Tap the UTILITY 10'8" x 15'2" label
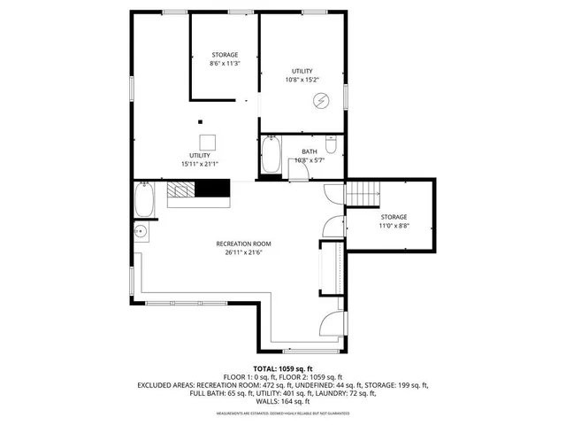(x=302, y=75)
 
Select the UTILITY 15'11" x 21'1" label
(x=199, y=159)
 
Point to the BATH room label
(x=309, y=156)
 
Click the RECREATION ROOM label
(x=243, y=248)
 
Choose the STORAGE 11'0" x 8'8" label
(x=394, y=221)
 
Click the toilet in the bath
(x=331, y=143)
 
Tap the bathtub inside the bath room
(x=272, y=157)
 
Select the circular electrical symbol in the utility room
(x=320, y=103)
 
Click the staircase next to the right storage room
(x=362, y=192)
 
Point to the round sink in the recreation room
(x=141, y=233)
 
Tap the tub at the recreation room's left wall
(x=143, y=199)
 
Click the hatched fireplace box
(x=181, y=189)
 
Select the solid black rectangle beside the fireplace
(x=212, y=189)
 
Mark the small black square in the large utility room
(x=201, y=121)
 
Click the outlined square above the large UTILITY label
(x=208, y=142)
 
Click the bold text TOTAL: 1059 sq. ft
(x=283, y=368)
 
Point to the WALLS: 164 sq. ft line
(x=283, y=401)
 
